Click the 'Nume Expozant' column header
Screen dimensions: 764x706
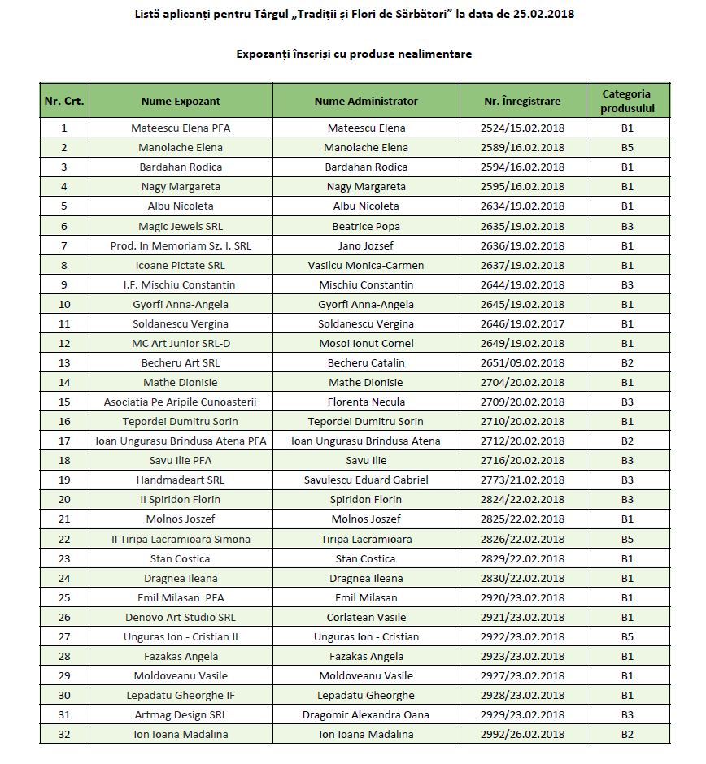click(x=181, y=102)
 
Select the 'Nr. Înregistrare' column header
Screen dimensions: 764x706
click(x=522, y=102)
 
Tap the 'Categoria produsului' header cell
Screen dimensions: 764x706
click(x=626, y=102)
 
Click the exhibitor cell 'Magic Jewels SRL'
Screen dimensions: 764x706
click(x=181, y=226)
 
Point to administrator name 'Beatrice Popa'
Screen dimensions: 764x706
click(x=366, y=226)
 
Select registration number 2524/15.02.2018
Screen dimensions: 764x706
click(x=522, y=128)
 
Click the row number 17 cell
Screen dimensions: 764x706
click(x=64, y=441)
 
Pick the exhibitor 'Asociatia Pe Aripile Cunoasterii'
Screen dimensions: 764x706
click(x=181, y=402)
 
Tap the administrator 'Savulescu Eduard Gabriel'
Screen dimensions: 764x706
click(x=366, y=480)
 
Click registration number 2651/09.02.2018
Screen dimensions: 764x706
click(x=522, y=363)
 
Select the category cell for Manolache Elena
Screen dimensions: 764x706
click(x=627, y=148)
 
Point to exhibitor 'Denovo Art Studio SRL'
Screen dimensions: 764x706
click(x=181, y=618)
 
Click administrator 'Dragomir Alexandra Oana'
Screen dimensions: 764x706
click(x=366, y=715)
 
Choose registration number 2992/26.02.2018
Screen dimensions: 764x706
click(x=522, y=735)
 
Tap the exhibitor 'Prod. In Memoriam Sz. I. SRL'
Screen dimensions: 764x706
click(x=181, y=245)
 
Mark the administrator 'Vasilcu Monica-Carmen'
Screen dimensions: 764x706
click(x=366, y=265)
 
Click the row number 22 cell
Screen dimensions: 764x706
click(x=64, y=540)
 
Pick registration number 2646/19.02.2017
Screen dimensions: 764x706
click(x=522, y=324)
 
